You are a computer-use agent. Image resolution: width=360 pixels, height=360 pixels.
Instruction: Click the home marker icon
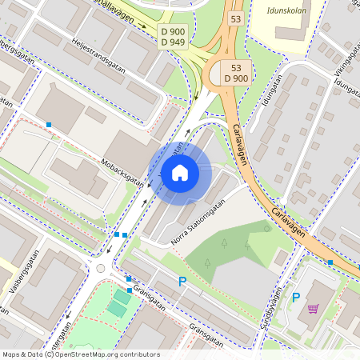(180, 172)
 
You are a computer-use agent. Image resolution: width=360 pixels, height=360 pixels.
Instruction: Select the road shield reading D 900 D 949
(172, 36)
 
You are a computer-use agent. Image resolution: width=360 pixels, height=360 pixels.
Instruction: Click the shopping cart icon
(313, 308)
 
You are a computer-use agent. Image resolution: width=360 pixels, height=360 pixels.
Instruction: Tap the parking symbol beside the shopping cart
(295, 298)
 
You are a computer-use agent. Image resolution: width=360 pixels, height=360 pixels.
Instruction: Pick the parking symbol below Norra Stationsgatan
(182, 281)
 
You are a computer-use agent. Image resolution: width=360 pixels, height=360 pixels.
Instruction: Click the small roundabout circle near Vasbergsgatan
(101, 268)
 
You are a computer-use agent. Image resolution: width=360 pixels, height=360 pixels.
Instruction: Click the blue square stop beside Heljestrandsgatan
(49, 125)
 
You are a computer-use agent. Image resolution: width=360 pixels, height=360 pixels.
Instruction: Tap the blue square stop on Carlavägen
(330, 262)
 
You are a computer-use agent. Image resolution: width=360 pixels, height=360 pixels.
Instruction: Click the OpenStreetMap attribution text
(80, 354)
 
